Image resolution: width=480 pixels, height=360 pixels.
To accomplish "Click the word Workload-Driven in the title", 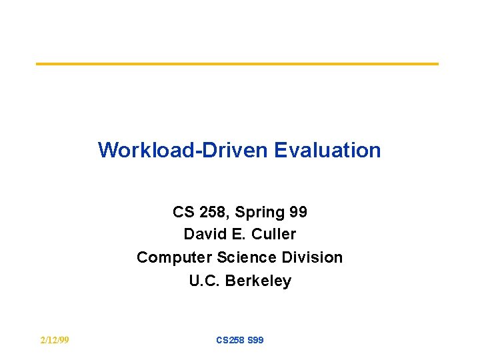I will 183,150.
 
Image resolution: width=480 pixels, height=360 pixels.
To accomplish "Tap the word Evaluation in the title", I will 327,150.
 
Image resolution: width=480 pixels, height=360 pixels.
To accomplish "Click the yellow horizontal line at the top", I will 237,64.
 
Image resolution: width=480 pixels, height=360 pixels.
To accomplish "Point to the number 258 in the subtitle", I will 211,212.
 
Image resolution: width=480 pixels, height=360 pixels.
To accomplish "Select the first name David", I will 203,235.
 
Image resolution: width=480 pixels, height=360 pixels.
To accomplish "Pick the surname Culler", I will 271,235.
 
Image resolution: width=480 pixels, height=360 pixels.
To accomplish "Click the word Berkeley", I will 258,281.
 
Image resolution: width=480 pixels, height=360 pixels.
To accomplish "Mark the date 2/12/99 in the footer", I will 55,340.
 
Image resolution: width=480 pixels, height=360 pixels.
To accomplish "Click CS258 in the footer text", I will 231,340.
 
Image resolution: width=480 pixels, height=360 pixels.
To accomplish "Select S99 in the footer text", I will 255,340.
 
